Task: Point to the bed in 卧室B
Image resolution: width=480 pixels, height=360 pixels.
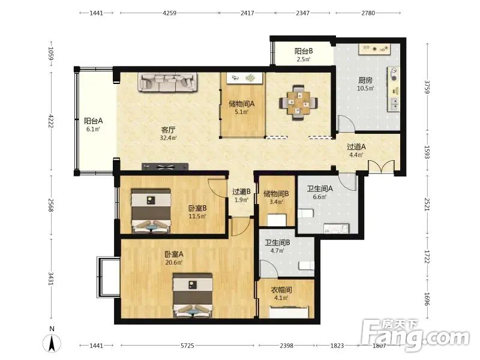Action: pos(151,211)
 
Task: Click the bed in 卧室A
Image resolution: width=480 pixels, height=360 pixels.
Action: pos(193,295)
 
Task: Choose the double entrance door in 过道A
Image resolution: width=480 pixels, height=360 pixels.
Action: pos(381,167)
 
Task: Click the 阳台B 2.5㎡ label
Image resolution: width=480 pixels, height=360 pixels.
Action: pos(304,55)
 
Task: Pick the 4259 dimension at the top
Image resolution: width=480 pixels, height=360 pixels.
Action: pos(169,13)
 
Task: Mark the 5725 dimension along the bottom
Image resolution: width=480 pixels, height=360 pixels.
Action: pos(187,346)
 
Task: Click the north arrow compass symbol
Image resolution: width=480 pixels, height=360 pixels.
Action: pos(52,340)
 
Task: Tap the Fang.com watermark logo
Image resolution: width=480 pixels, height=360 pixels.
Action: pos(415,335)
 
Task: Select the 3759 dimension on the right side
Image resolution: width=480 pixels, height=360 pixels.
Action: pos(427,87)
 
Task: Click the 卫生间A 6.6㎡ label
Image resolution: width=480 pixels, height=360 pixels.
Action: pos(320,193)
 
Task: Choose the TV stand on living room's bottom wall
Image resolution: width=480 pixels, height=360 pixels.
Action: pos(165,167)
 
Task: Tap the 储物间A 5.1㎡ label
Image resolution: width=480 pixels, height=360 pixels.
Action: pos(242,107)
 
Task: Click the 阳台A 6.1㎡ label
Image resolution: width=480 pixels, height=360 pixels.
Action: pos(93,125)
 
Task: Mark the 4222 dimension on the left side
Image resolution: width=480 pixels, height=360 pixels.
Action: pos(51,121)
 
